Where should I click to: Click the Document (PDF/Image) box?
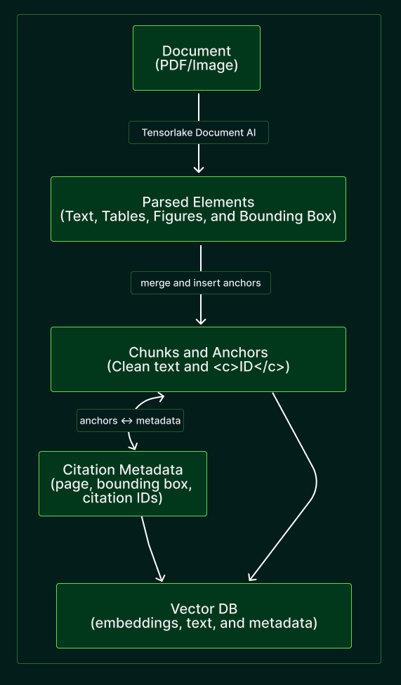point(197,58)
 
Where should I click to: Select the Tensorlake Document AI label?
point(198,133)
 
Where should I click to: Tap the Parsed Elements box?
point(198,209)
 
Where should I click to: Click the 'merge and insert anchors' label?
point(200,283)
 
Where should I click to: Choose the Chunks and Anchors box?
point(198,359)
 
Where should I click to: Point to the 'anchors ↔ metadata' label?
point(130,421)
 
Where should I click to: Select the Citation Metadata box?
point(123,483)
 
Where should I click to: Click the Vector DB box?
point(204,615)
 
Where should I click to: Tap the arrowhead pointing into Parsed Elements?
point(199,169)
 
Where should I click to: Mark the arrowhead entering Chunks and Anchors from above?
point(201,320)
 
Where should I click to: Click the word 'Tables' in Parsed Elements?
point(121,216)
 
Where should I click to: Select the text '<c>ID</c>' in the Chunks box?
point(251,367)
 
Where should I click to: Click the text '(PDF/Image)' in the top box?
point(197,65)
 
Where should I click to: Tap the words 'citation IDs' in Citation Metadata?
point(122,499)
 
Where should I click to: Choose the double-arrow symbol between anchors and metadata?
point(126,421)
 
